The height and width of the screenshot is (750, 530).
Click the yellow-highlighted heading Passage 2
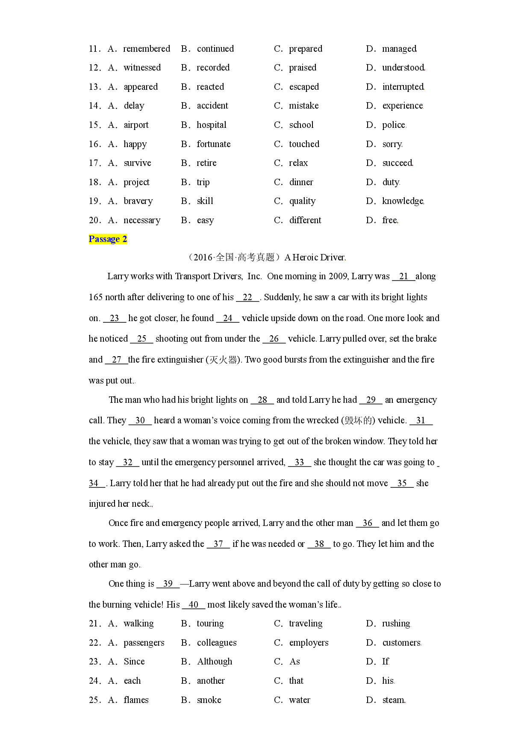(108, 239)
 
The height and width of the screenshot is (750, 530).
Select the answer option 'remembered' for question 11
(147, 49)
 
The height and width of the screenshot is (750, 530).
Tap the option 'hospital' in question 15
(212, 125)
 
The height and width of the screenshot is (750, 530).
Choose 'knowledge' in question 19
(403, 201)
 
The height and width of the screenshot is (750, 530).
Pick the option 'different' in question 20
(305, 220)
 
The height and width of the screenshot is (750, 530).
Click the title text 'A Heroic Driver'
(315, 257)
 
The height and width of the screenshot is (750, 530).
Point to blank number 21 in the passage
(403, 276)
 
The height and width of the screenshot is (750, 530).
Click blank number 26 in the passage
(274, 339)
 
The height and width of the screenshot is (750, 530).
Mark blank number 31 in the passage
(421, 420)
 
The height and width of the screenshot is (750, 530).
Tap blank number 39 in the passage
(168, 584)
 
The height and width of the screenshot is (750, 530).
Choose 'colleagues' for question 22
(217, 643)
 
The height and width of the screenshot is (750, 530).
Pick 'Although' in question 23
(215, 661)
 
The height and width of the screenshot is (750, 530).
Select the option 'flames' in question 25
(136, 700)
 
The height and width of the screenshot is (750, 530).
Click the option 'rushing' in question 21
(396, 623)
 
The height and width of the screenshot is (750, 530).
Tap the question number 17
(94, 163)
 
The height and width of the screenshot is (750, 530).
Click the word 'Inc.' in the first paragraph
(255, 276)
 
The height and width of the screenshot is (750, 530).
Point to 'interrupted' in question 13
(403, 87)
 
